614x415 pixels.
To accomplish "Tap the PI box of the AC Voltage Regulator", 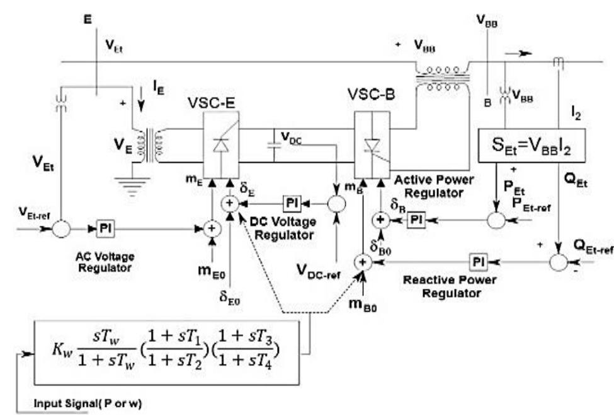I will (105, 228).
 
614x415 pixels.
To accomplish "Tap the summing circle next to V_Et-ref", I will (61, 228).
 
